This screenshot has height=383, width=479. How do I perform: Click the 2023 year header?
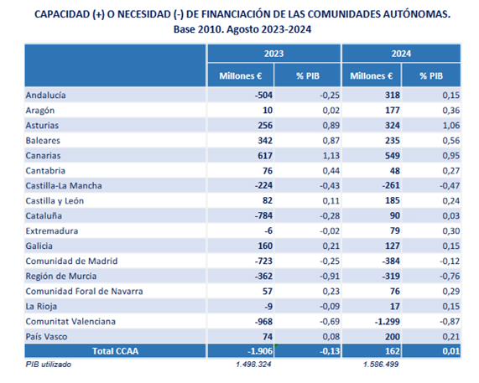point(273,54)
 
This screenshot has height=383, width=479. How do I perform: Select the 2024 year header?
point(401,54)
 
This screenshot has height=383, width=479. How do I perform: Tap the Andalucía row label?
point(45,96)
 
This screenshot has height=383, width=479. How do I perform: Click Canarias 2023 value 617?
point(265,156)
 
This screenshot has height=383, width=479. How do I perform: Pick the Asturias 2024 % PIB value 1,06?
point(450,126)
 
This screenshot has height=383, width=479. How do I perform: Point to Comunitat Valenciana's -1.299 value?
point(388,322)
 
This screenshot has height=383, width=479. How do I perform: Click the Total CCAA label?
point(116,351)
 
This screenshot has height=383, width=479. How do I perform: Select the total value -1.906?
point(260,351)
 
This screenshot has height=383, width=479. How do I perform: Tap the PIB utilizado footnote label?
point(49,365)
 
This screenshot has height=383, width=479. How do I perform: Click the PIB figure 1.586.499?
point(381,364)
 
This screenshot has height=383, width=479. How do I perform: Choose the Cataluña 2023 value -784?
point(263,215)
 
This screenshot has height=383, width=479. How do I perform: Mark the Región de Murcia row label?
point(61,277)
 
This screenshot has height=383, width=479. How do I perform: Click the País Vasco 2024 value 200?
point(393,337)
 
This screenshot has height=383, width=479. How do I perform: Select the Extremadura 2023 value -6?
point(268,231)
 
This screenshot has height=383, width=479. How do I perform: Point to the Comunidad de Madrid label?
point(71,261)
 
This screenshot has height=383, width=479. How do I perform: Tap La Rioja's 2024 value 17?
point(394,307)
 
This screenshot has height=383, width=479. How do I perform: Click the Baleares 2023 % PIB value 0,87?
point(331,141)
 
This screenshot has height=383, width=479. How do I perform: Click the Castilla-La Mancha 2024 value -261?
point(391,185)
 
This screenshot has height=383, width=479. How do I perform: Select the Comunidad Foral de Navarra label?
point(85,292)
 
